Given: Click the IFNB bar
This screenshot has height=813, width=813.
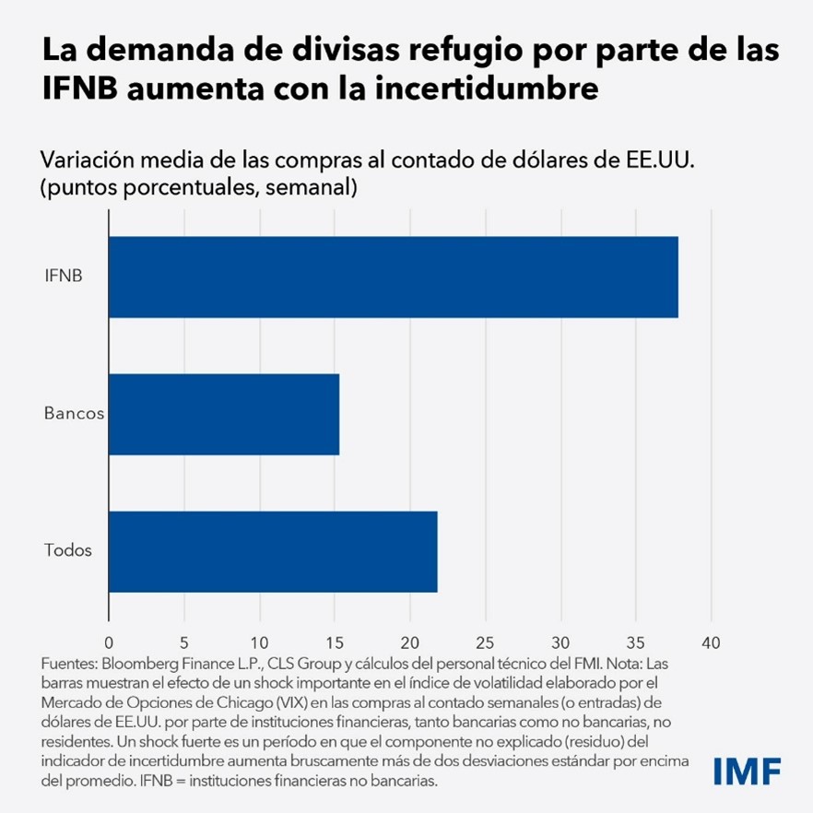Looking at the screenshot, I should point(394,277).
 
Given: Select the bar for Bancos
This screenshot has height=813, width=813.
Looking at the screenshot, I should point(224,414).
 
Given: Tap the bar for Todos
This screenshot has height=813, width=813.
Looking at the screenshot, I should point(273,551).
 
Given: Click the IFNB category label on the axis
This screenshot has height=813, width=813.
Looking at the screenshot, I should point(64,276).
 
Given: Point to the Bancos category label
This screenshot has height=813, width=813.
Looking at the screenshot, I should point(74,413).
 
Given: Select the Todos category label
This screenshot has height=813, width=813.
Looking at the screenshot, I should point(68,551).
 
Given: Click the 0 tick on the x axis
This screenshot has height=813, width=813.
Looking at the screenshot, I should point(109,642).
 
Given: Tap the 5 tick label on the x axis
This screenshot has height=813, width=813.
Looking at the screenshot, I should point(184,642).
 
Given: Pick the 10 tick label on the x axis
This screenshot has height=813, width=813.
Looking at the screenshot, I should point(259,642).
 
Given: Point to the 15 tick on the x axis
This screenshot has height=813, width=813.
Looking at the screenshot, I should point(335,642).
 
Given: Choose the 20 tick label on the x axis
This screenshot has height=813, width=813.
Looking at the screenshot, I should point(410,642).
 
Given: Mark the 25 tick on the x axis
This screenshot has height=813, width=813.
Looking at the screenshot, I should point(485,642).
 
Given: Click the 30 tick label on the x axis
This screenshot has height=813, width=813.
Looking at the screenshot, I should point(560,642).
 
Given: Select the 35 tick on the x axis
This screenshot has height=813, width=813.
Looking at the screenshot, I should point(635,642).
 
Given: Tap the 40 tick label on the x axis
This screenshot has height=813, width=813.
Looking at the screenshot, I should point(711,642).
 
